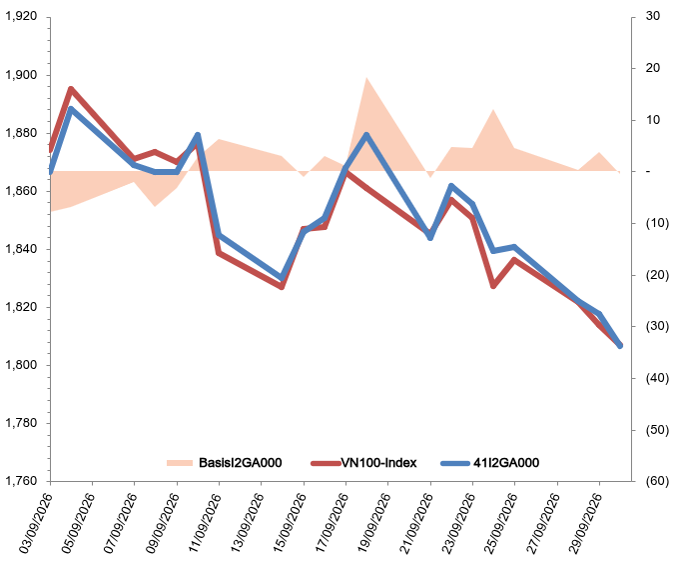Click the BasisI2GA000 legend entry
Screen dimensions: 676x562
(225, 463)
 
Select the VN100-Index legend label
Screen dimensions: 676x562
(379, 463)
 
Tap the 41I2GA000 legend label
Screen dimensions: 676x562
(506, 463)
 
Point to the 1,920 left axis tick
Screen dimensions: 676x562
(21, 16)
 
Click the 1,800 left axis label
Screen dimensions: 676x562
(21, 365)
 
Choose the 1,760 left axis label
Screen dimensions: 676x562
(21, 481)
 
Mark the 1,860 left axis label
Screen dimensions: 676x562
(21, 191)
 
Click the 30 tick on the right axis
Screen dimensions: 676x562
(653, 16)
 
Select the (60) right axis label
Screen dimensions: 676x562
(657, 481)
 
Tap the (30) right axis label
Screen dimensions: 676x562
(657, 326)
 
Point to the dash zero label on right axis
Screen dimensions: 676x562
(648, 171)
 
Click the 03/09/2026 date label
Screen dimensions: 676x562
(36, 524)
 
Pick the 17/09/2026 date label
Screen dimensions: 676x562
(332, 524)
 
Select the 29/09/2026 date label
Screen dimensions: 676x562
(585, 524)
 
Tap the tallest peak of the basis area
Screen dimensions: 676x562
(366, 78)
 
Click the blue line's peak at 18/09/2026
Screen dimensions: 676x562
(366, 135)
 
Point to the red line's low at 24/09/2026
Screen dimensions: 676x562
(493, 286)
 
